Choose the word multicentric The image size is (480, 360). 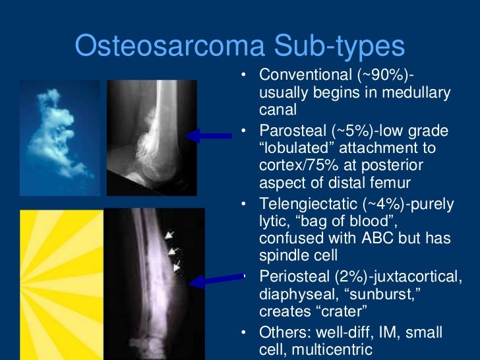(333, 349)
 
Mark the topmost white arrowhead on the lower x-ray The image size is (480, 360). (171, 234)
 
